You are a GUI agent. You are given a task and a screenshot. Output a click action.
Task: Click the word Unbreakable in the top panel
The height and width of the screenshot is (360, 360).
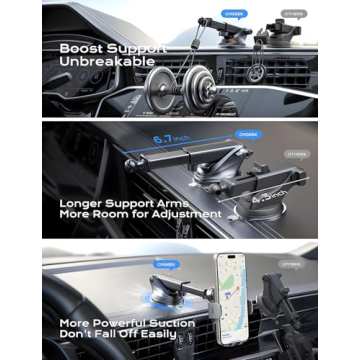tap(107, 61)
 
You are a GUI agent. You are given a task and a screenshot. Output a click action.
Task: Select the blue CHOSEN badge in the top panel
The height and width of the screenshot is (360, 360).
tap(234, 13)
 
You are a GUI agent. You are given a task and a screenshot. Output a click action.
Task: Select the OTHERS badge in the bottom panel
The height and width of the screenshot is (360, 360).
tap(291, 265)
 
